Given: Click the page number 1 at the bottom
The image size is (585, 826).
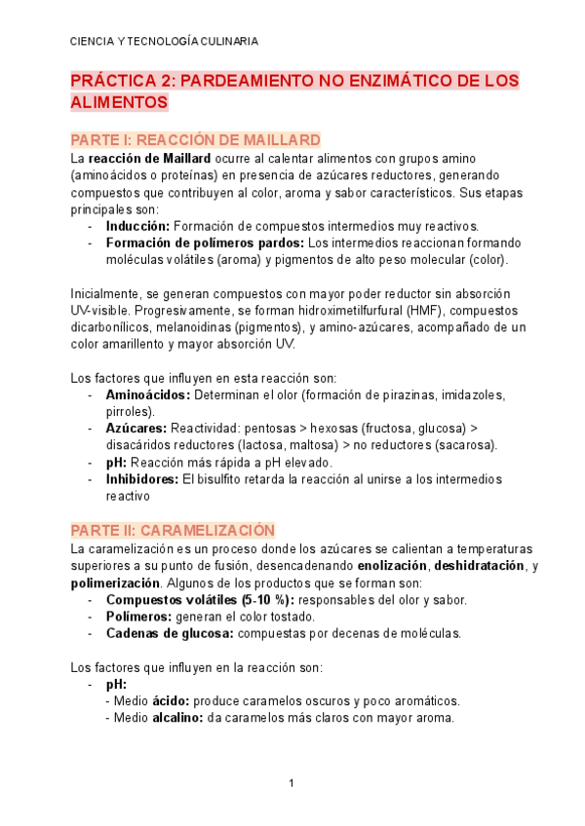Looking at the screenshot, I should coord(291,784).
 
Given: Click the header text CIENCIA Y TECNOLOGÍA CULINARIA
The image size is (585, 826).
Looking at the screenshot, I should coord(165,41).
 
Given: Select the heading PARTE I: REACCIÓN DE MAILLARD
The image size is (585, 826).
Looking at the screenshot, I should coord(195,139).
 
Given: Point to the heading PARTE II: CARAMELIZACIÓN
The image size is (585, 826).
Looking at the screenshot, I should coord(174,530).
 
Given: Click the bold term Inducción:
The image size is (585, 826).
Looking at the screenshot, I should coord(137,225).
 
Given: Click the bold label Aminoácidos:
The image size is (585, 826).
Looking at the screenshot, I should coord(148,395).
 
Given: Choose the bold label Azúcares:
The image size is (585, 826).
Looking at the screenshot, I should coord(136,429).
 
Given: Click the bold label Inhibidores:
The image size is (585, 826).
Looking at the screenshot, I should coord(142,479).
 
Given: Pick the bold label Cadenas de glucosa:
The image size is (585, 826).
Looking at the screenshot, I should coord(168,633).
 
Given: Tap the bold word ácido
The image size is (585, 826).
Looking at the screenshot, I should coord(171,701).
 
